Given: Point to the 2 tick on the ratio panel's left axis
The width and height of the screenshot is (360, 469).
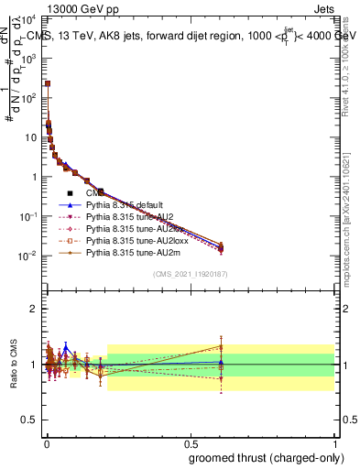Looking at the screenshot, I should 36,309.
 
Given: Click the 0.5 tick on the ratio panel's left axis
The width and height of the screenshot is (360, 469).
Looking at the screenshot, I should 32,420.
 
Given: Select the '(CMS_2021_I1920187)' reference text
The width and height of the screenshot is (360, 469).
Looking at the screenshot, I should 190,274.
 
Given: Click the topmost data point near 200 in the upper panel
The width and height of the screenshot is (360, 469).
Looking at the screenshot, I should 48,83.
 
